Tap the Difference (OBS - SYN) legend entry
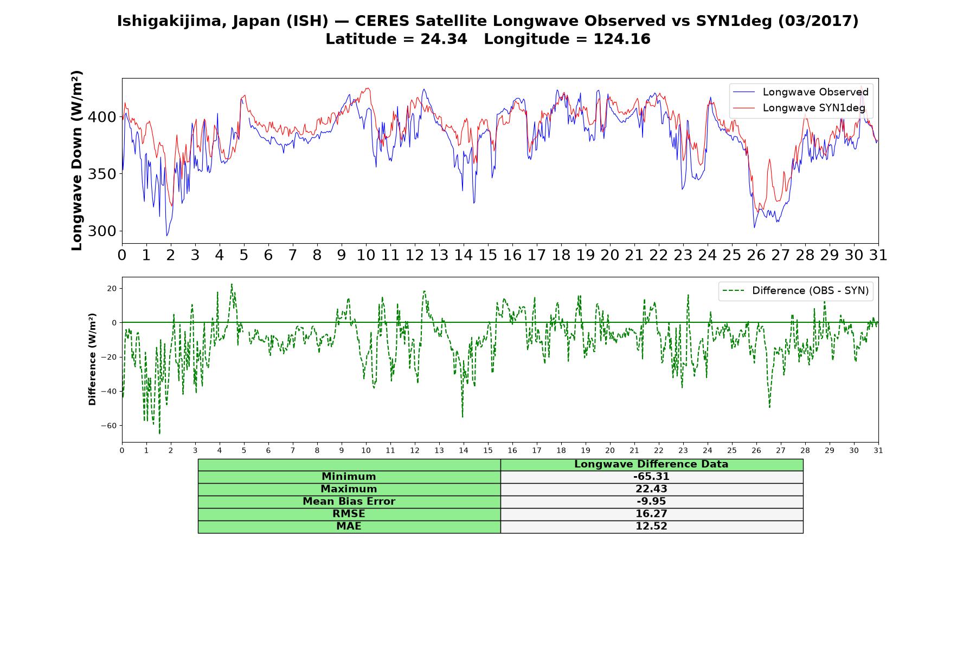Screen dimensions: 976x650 coord(795,291)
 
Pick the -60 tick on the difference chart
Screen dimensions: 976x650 coord(108,426)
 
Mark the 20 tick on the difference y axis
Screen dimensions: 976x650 coord(112,288)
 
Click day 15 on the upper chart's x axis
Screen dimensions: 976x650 coord(488,255)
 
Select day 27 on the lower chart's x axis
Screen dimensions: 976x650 coord(781,450)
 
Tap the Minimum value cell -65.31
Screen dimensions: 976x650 coord(651,477)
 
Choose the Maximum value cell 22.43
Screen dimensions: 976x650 coord(651,489)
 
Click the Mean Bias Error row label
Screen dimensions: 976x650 coord(349,502)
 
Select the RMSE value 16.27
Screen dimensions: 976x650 coord(651,514)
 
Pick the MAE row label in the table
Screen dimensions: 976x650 coord(349,526)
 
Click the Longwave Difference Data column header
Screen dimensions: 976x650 coord(651,464)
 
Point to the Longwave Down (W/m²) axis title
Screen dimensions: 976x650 coord(77,160)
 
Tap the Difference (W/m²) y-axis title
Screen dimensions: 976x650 coord(92,359)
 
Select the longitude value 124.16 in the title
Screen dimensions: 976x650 coord(622,39)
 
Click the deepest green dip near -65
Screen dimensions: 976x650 coord(159,433)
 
